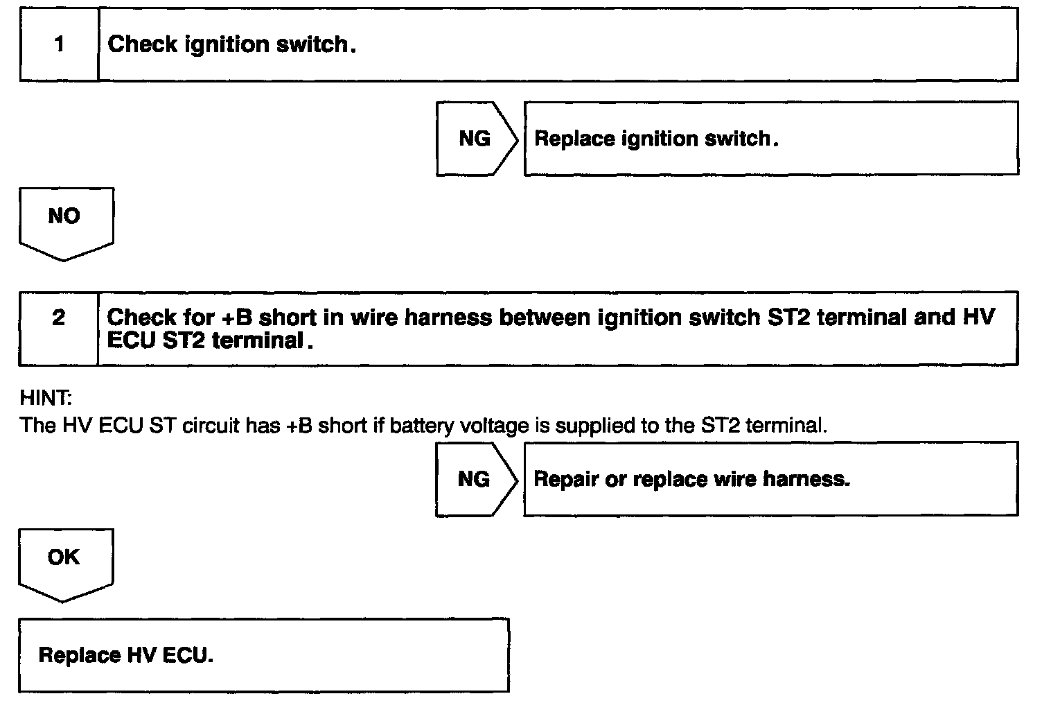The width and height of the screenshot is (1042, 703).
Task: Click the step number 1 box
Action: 59,45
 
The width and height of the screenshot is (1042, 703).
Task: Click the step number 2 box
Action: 59,328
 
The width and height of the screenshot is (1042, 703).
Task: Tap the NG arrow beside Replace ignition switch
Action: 476,139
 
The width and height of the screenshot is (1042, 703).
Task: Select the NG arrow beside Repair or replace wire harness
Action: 475,479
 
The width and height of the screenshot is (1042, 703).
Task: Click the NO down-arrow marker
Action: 65,221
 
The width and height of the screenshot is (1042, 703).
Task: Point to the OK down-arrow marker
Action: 65,562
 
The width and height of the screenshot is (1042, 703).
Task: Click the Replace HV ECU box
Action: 263,655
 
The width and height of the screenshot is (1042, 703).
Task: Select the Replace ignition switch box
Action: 770,139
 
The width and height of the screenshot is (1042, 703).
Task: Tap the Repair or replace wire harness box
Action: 770,479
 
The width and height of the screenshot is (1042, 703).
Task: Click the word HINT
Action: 46,399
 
